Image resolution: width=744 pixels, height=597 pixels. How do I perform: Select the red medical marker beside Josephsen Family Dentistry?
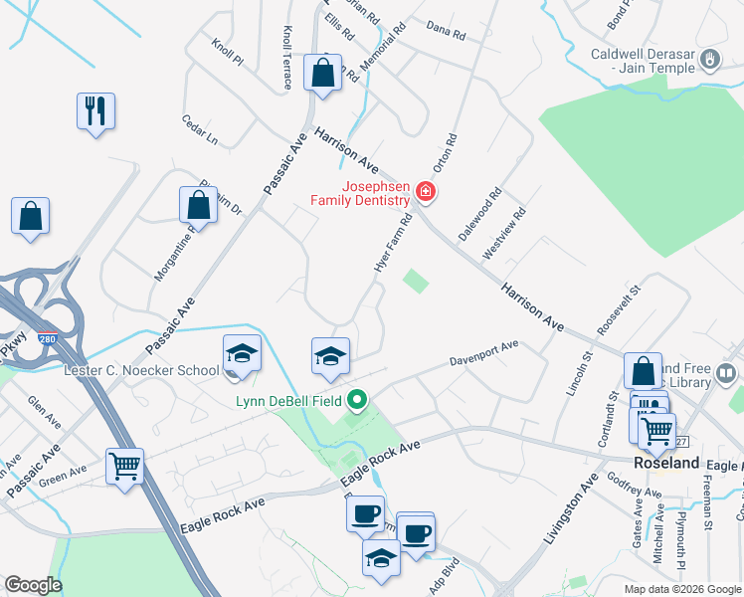pyautogui.click(x=426, y=191)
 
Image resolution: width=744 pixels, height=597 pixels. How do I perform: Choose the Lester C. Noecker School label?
pyautogui.click(x=140, y=371)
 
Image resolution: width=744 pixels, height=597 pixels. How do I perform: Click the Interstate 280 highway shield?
pyautogui.click(x=48, y=339)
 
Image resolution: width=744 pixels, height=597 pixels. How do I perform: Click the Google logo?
pyautogui.click(x=33, y=585)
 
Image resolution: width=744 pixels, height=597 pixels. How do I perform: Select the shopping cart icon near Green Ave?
pyautogui.click(x=124, y=466)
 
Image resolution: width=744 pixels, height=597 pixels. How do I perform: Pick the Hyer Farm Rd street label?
pyautogui.click(x=396, y=243)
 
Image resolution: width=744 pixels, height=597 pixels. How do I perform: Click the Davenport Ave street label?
pyautogui.click(x=483, y=352)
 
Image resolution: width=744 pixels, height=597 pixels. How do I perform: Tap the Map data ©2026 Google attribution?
pyautogui.click(x=680, y=589)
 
